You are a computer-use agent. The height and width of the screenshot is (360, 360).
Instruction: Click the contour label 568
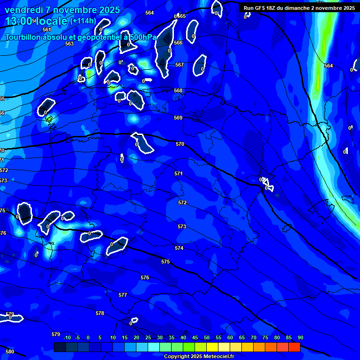click(x=178, y=90)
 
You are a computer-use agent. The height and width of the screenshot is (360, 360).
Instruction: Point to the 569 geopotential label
click(x=178, y=118)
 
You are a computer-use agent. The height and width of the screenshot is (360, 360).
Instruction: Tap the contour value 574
click(x=179, y=248)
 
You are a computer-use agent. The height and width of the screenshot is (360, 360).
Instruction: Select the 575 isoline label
click(x=165, y=262)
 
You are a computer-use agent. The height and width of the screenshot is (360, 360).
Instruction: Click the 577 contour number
click(x=123, y=295)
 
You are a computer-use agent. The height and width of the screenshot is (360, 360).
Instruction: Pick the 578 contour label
click(x=100, y=313)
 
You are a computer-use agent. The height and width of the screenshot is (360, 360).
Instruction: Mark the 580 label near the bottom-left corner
click(x=10, y=352)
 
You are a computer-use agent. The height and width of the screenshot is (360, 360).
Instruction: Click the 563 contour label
click(x=69, y=44)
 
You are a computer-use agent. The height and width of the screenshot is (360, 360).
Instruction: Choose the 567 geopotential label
click(x=180, y=65)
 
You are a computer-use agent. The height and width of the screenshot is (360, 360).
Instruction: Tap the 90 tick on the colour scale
click(x=300, y=337)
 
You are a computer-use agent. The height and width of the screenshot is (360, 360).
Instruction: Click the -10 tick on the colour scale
click(x=67, y=337)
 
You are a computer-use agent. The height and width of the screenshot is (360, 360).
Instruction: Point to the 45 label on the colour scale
click(x=195, y=337)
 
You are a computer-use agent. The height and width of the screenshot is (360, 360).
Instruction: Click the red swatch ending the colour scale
click(x=294, y=347)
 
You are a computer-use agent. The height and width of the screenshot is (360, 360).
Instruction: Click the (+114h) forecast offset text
click(x=83, y=21)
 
